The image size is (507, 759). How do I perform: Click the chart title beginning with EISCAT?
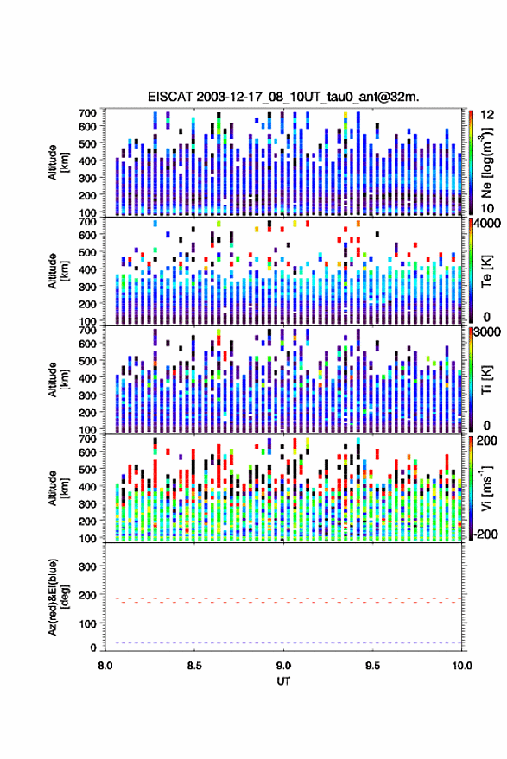283,97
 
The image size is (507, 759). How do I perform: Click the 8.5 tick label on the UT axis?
194,666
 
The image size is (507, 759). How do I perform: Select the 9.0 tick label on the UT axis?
284,666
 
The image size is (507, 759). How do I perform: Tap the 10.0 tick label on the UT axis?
462,666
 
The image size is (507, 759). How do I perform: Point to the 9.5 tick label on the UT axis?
373,666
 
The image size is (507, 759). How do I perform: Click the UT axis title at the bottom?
283,681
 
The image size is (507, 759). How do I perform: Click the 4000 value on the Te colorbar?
488,225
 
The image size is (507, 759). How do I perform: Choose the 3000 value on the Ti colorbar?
488,332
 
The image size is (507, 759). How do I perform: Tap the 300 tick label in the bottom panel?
87,566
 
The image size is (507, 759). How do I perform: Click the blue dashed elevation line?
283,642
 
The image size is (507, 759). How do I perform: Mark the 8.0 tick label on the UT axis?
105,666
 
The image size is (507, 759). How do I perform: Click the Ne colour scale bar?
471,162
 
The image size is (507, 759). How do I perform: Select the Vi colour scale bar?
471,488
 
